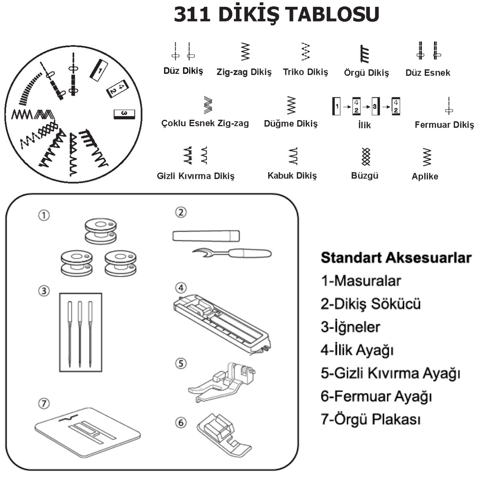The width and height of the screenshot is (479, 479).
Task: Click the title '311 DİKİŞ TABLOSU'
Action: (x=276, y=14)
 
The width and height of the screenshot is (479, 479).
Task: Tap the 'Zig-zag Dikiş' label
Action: (x=244, y=72)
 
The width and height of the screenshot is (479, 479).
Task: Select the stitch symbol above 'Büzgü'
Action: (x=366, y=156)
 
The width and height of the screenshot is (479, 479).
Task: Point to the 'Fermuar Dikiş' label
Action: (x=444, y=125)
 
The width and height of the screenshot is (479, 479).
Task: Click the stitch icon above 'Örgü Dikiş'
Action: (x=365, y=54)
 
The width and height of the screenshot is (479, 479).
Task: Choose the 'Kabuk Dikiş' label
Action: (x=292, y=176)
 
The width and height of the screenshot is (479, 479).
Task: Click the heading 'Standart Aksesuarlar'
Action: (x=396, y=258)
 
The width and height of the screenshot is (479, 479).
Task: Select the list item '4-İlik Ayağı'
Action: (x=357, y=350)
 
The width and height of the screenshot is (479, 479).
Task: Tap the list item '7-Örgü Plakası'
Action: (x=370, y=419)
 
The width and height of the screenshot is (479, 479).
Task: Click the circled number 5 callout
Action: (x=181, y=364)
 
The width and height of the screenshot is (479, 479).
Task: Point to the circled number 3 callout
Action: (x=44, y=291)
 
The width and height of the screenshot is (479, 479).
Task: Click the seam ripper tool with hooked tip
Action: (x=232, y=253)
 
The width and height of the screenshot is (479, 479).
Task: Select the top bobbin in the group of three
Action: (x=101, y=231)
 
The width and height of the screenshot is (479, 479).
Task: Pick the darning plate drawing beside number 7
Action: (x=87, y=433)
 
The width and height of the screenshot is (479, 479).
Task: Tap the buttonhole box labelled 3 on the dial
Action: (x=124, y=114)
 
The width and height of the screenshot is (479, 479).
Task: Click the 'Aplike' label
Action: (x=425, y=176)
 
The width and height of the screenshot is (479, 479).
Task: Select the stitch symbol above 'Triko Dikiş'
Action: (x=305, y=52)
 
